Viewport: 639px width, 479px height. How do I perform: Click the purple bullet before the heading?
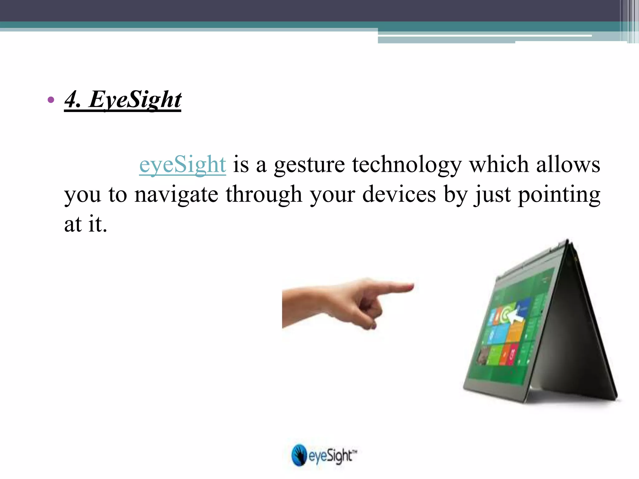pos(51,100)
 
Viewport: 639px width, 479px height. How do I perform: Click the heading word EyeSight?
pos(135,99)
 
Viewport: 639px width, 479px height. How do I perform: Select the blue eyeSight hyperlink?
pos(183,164)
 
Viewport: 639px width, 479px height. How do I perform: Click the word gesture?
pos(309,165)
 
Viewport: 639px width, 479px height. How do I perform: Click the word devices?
pos(399,194)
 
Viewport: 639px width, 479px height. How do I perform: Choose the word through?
pos(264,194)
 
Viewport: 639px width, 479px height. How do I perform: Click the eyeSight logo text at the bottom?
pos(331,456)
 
